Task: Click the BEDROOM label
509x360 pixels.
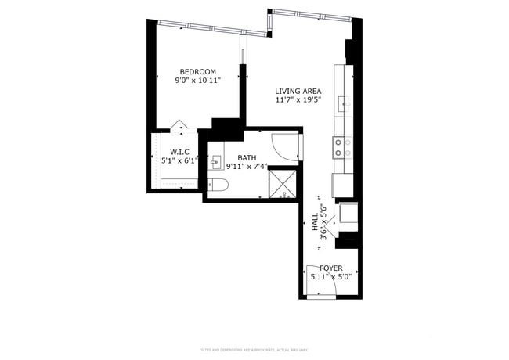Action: [197, 71]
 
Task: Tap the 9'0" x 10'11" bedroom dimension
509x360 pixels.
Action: [197, 80]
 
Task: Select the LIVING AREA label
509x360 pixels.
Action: [298, 91]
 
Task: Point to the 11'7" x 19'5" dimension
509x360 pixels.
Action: [298, 99]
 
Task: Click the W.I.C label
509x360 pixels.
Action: [179, 151]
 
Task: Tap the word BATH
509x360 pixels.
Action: [247, 157]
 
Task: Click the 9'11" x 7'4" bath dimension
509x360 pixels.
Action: [247, 166]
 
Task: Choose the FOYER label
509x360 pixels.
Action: [330, 268]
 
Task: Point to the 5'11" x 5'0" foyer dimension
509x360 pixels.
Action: [330, 276]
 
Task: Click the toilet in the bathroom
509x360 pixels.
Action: [218, 185]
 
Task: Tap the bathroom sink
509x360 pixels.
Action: [217, 162]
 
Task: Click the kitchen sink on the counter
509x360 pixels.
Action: [342, 102]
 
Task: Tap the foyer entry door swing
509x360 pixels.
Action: [323, 287]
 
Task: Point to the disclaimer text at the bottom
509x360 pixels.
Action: [254, 350]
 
